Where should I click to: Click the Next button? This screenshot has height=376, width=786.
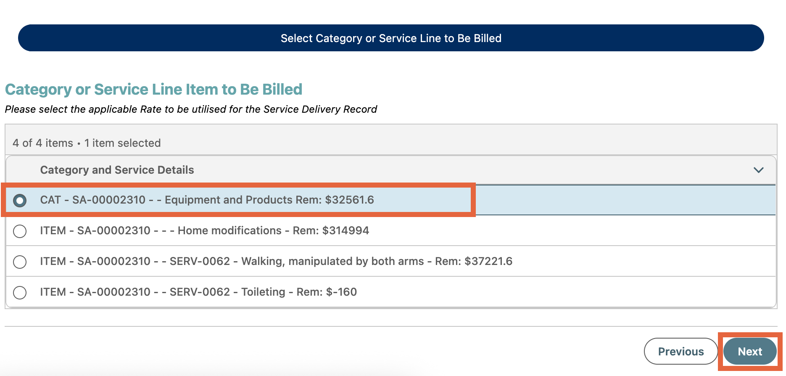750,352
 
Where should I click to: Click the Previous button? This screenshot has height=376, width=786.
680,352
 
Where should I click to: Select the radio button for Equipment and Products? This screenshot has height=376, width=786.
20,201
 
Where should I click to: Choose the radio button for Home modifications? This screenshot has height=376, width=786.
20,231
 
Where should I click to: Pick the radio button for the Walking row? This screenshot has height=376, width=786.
20,262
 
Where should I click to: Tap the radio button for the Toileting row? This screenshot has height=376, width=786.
20,292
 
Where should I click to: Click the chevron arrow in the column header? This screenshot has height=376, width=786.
758,170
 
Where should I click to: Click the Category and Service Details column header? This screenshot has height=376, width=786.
117,170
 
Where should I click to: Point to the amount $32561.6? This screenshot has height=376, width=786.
349,200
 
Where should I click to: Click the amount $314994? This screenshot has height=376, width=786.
346,230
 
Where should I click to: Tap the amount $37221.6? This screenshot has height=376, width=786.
488,261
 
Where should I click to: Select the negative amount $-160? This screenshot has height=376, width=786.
341,292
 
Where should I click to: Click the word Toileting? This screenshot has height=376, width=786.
263,292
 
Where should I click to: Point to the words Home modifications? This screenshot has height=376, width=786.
229,230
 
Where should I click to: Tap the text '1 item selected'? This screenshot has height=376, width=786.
122,143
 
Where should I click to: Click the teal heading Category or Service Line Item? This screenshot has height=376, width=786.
153,90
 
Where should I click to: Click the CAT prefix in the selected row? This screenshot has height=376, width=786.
50,200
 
